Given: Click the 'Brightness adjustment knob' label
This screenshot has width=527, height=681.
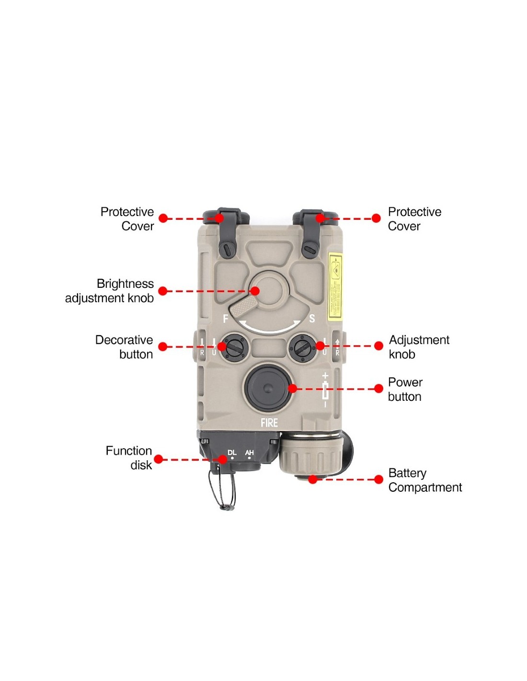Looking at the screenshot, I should pyautogui.click(x=110, y=291).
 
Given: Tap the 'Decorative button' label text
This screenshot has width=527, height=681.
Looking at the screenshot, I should pyautogui.click(x=124, y=347).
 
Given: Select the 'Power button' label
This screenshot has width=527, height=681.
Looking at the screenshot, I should pyautogui.click(x=405, y=389).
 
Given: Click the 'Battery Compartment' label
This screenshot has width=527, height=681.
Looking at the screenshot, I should pyautogui.click(x=425, y=480).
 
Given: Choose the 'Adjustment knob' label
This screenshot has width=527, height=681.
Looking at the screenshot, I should pyautogui.click(x=419, y=347).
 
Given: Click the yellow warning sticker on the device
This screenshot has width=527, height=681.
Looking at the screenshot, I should pyautogui.click(x=335, y=287).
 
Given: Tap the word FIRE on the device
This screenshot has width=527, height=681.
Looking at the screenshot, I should pyautogui.click(x=269, y=423).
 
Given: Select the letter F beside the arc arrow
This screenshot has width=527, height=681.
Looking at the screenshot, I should pyautogui.click(x=226, y=319).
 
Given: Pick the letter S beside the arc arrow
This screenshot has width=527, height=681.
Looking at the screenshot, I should pyautogui.click(x=312, y=319).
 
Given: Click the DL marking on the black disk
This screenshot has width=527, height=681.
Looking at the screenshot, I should pyautogui.click(x=232, y=453).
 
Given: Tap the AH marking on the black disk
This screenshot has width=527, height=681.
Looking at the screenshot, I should pyautogui.click(x=249, y=453).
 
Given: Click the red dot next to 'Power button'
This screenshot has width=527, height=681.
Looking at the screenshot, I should pyautogui.click(x=378, y=388).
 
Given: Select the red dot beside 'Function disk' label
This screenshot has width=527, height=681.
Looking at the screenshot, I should pyautogui.click(x=159, y=459).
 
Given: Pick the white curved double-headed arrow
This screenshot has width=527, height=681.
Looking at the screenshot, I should pyautogui.click(x=271, y=327).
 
